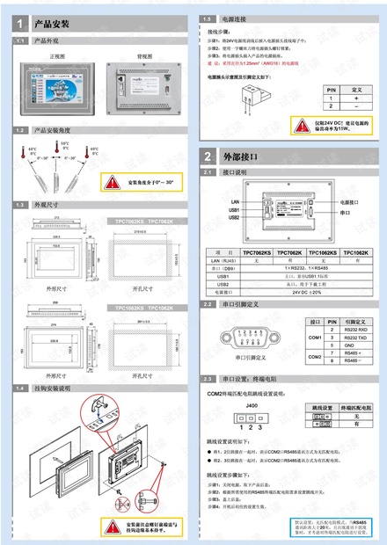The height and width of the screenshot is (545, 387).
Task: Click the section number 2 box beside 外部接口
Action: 208,156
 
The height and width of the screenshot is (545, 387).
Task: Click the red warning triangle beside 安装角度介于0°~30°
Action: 113,183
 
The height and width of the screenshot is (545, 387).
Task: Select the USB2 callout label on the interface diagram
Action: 234,217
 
